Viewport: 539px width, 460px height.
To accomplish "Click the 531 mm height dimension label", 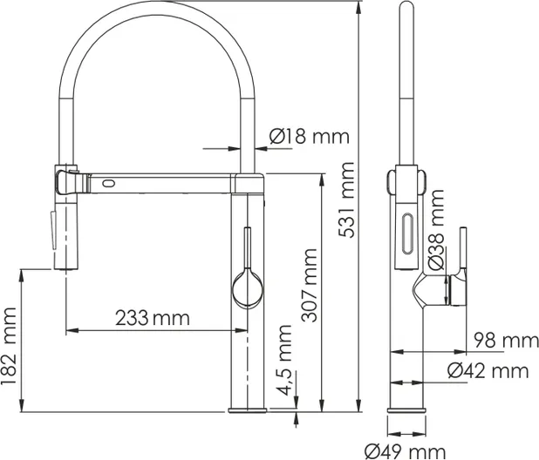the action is (346, 200).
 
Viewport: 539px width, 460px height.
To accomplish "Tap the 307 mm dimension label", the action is (309, 285).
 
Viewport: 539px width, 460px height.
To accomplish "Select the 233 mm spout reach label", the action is (153, 318).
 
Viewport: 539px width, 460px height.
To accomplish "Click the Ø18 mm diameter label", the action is (310, 136).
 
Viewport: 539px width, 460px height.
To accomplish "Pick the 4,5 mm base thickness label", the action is (284, 360).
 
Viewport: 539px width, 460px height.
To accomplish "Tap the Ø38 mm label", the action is (437, 229).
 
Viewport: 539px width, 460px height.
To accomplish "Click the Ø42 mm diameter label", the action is (488, 371).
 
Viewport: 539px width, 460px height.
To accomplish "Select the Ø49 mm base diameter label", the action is (406, 451).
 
